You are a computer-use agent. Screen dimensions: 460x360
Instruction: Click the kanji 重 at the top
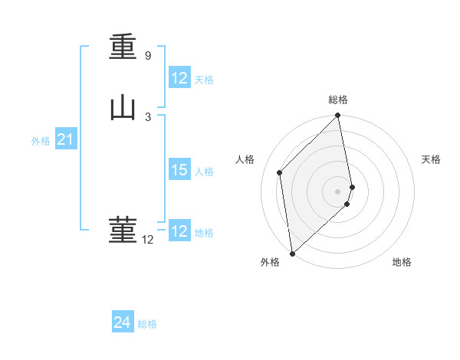click(x=123, y=47)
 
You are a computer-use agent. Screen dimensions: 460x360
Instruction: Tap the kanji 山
click(x=123, y=108)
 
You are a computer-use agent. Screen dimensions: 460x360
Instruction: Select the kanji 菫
click(x=123, y=230)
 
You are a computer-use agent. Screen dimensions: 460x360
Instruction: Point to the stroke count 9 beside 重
click(x=147, y=56)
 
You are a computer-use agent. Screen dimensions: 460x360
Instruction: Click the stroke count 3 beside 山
click(x=147, y=116)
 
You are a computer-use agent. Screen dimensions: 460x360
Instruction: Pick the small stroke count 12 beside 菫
click(x=147, y=240)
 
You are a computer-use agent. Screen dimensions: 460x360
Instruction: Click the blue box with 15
click(x=179, y=171)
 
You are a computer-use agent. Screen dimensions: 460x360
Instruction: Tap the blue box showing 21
click(x=64, y=140)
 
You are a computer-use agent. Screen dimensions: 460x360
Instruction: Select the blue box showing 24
click(x=122, y=323)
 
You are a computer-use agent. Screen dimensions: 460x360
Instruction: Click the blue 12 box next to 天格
click(x=179, y=79)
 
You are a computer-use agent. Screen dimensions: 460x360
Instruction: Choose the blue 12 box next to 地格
click(x=179, y=232)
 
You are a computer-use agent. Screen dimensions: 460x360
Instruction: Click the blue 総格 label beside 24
click(x=147, y=324)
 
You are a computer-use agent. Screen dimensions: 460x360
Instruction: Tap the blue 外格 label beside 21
click(x=41, y=141)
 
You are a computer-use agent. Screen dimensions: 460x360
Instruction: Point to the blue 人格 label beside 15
click(x=204, y=172)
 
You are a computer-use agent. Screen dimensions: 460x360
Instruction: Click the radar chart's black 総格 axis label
click(x=338, y=100)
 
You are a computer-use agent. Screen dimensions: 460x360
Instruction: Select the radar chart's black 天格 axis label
click(x=432, y=159)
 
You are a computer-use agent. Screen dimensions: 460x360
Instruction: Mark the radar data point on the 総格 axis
click(x=338, y=116)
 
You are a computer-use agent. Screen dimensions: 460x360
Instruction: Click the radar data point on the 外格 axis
click(x=292, y=254)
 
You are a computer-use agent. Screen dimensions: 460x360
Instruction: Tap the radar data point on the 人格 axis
click(x=280, y=172)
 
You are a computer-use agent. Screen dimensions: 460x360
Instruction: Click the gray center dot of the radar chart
click(x=338, y=191)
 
